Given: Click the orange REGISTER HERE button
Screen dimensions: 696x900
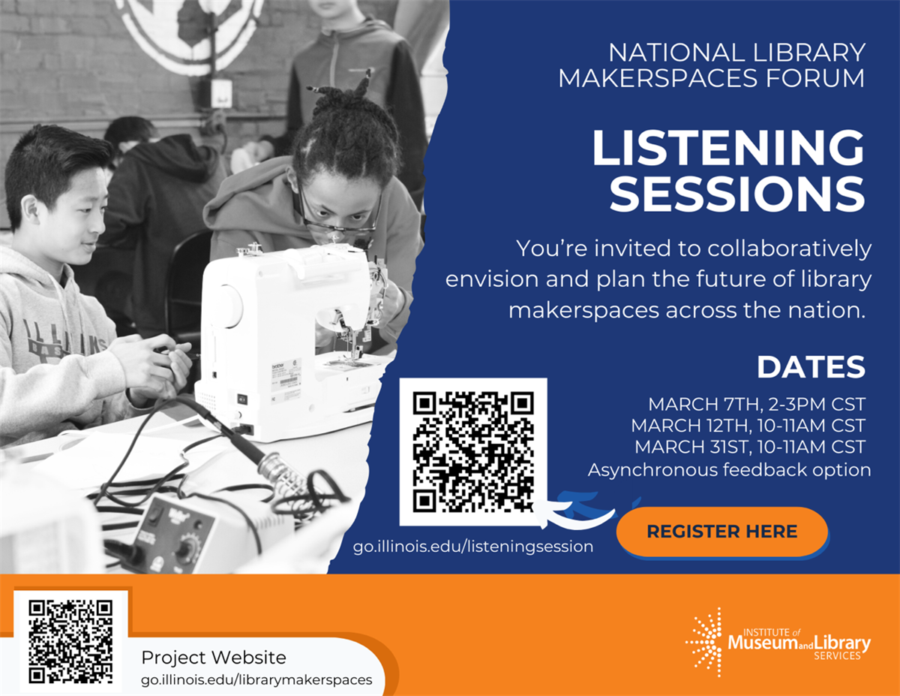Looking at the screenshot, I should coord(721,532).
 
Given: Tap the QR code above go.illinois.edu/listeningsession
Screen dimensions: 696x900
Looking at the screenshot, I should coord(472,452).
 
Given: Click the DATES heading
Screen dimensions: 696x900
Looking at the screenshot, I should coord(810,367).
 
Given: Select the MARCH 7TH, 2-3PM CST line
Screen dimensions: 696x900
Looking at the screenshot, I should coord(757,404).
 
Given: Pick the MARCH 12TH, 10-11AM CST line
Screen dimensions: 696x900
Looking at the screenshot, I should coord(748,426).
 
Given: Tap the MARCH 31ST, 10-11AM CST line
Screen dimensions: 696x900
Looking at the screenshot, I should coord(750,447).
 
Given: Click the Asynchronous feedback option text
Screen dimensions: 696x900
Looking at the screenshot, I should coord(729,470).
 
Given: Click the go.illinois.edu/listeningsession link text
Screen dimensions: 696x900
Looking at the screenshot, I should coord(473,547).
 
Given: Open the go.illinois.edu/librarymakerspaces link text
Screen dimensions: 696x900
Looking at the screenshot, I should coord(256,679).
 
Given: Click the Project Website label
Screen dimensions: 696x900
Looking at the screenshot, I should coord(214,658).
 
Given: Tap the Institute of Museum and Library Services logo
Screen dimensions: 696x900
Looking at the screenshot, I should coord(778,643).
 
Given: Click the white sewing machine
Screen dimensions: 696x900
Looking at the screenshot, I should coord(285,338).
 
